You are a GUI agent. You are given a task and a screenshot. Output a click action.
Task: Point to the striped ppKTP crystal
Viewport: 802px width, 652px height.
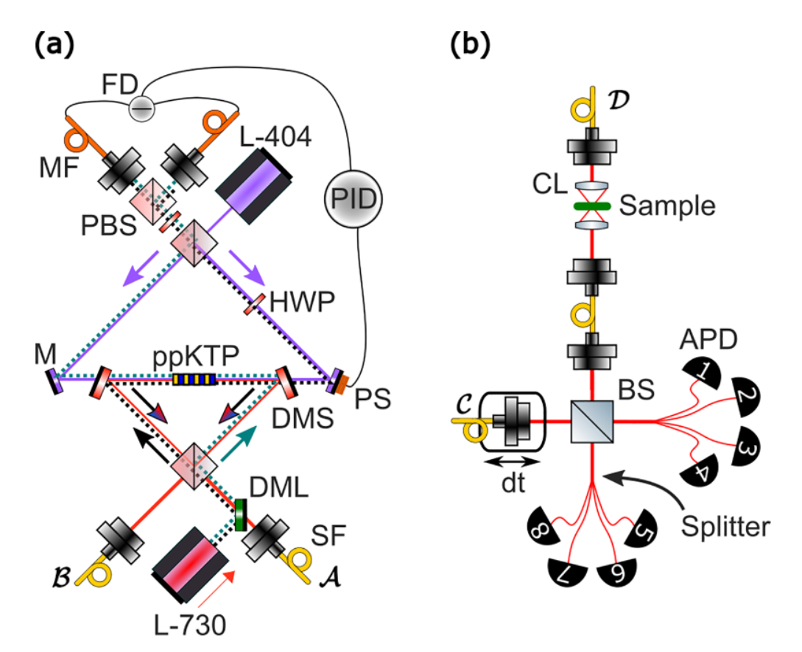194,380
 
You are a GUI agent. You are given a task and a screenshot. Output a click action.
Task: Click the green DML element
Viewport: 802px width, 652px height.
239,514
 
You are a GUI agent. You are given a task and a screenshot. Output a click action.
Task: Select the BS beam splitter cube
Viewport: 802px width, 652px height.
593,422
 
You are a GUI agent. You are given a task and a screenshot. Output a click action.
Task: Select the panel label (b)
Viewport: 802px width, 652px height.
471,46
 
